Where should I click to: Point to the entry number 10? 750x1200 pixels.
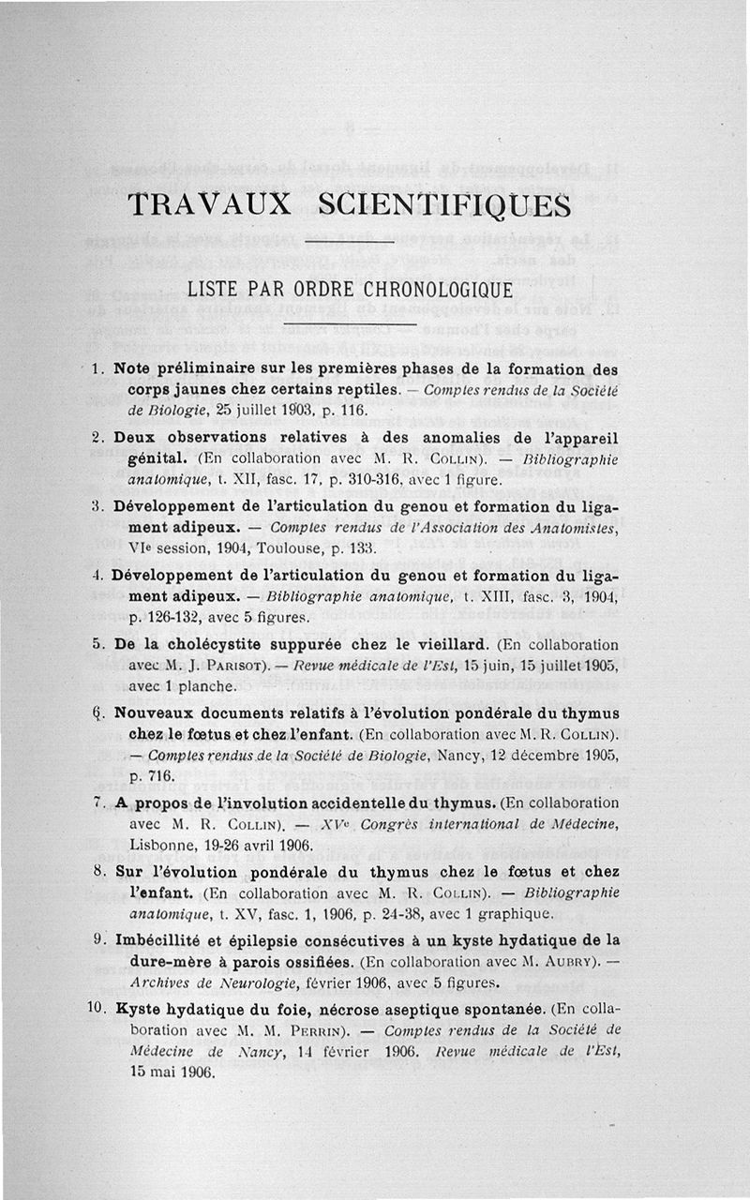(x=95, y=1009)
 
